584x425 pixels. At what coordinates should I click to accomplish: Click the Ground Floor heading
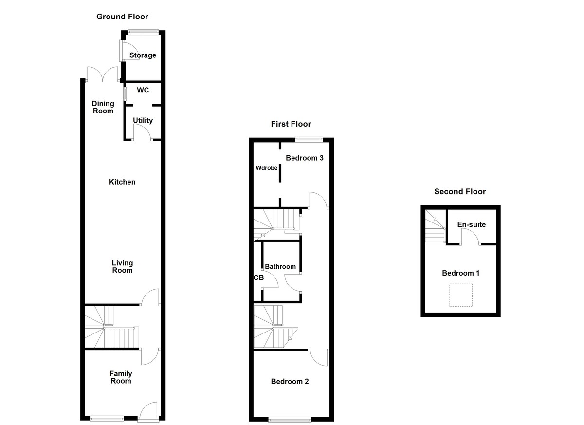point(122,17)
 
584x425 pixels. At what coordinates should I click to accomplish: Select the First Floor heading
point(291,124)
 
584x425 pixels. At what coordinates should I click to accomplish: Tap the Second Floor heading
point(460,192)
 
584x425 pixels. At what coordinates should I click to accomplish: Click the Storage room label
point(143,55)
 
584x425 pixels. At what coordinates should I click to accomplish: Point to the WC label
point(143,91)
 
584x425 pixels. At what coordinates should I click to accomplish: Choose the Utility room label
point(143,121)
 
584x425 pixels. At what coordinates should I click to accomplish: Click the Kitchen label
point(122,182)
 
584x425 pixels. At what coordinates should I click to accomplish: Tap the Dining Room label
point(103,107)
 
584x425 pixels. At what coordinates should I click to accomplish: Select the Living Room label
point(122,267)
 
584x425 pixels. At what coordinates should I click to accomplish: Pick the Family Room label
point(121,377)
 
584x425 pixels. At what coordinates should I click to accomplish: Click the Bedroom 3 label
point(305,158)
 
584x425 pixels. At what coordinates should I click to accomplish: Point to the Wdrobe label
point(267,168)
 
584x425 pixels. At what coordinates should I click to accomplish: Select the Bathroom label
point(280,267)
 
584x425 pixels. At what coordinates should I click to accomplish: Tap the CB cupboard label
point(258,278)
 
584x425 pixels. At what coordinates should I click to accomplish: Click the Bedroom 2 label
point(290,382)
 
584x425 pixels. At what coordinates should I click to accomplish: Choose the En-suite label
point(472,225)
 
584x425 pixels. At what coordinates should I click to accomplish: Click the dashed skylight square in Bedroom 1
point(460,295)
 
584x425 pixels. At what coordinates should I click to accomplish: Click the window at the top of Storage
point(143,32)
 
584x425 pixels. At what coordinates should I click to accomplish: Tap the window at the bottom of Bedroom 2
point(290,419)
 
